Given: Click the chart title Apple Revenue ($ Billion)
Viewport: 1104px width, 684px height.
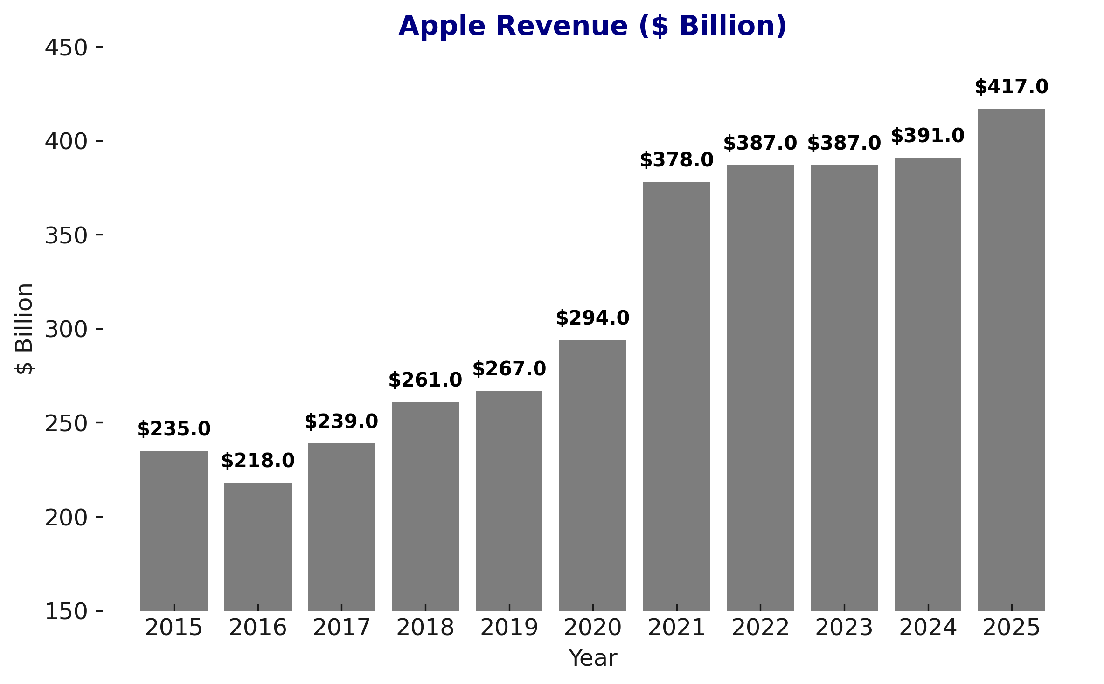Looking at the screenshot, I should tap(592, 26).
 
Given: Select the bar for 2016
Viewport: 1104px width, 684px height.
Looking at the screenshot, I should tap(257, 546).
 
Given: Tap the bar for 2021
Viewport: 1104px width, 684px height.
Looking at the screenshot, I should tap(676, 396).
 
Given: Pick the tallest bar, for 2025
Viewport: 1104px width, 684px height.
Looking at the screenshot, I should tap(1011, 359).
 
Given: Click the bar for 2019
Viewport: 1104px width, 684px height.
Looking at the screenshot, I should tap(509, 500).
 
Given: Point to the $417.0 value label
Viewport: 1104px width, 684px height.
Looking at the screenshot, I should tap(1011, 87).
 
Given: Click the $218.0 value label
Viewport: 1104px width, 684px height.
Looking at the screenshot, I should tap(257, 461).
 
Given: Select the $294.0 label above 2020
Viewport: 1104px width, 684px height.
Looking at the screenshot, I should tap(592, 318).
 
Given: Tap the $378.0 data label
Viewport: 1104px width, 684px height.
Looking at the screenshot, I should tap(676, 160).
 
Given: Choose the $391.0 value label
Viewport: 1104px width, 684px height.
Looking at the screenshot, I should tap(927, 136).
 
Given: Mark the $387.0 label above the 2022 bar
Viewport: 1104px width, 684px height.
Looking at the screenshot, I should tap(760, 144).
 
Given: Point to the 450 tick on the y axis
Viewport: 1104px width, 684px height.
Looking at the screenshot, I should tap(66, 48).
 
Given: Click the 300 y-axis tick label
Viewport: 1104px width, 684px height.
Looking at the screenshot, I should tap(66, 330).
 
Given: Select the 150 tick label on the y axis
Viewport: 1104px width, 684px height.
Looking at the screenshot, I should tap(66, 611).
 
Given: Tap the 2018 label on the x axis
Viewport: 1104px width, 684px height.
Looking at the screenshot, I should tap(425, 628).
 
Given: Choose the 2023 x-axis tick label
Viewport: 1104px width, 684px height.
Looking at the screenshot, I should tap(844, 628).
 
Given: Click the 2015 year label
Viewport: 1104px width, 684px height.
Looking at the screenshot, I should tap(174, 628).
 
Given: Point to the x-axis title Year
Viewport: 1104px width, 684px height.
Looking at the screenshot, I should tap(592, 658).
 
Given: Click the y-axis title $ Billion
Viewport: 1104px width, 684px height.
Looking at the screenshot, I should tap(24, 329).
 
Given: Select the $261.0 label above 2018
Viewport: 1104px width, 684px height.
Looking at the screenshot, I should tap(425, 380).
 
